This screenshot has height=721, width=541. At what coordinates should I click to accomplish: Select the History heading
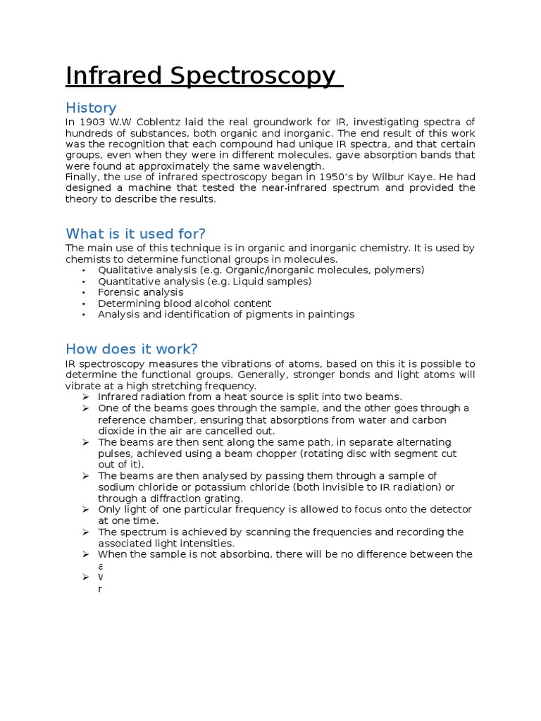point(91,108)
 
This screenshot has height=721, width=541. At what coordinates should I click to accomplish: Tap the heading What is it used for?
point(135,234)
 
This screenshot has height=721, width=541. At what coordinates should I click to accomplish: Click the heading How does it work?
point(132,349)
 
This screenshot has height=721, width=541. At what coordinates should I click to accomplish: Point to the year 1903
point(94,122)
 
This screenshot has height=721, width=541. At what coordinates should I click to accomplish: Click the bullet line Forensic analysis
point(141,292)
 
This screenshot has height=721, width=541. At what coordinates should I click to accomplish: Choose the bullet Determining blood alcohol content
point(185,303)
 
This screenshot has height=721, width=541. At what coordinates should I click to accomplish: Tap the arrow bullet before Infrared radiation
point(85,397)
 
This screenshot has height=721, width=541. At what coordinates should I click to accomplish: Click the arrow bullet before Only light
point(85,509)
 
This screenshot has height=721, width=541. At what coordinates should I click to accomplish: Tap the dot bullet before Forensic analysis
point(84,292)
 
